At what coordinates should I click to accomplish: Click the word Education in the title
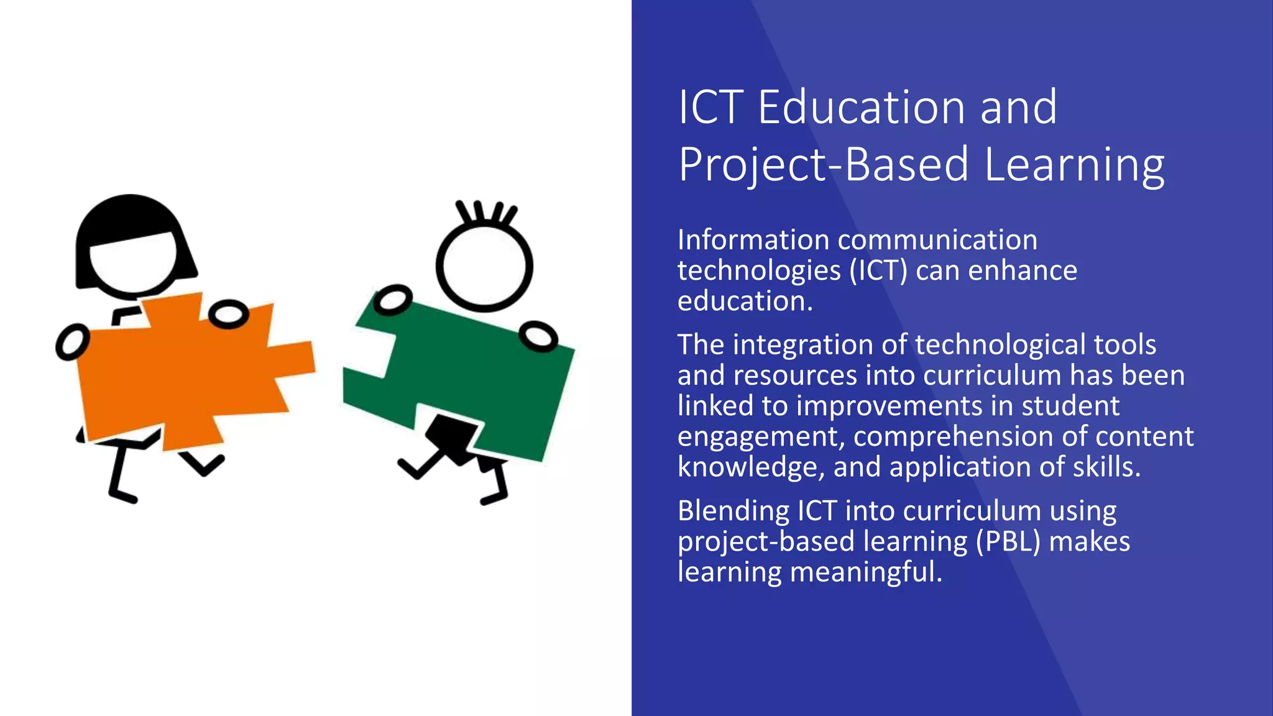click(861, 108)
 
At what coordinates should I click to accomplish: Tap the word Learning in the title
click(1075, 165)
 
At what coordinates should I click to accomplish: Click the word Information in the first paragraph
click(753, 240)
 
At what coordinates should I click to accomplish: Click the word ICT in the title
click(710, 108)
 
